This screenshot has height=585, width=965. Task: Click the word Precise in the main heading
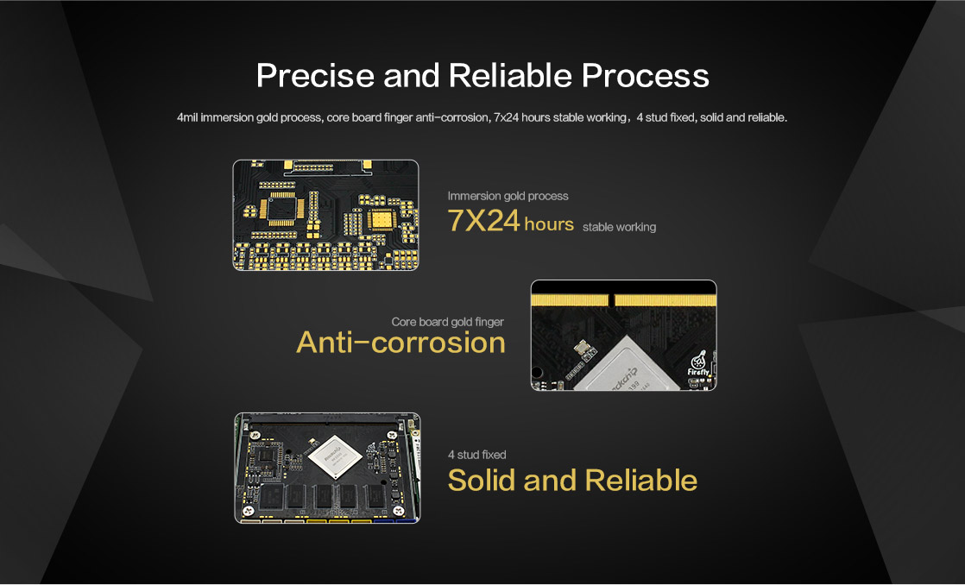tap(315, 76)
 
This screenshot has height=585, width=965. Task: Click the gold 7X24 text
tap(483, 221)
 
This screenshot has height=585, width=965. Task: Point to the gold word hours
tap(549, 224)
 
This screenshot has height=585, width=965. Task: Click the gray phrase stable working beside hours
tap(619, 227)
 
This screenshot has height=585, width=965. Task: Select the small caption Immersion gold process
tap(508, 196)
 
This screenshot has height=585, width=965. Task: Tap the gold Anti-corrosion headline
tap(401, 343)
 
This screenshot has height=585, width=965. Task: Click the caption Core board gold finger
tap(447, 322)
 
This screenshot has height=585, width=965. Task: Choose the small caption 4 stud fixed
tap(477, 455)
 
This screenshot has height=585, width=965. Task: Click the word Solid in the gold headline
tap(482, 481)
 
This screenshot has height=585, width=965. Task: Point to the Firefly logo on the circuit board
tap(698, 363)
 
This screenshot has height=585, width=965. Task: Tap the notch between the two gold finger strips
tap(611, 299)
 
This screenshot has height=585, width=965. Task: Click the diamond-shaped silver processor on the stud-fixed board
tap(335, 457)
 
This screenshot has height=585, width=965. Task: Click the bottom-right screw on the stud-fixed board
tap(400, 511)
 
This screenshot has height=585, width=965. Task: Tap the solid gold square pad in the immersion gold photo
tap(381, 220)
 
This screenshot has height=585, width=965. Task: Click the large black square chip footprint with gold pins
tap(282, 208)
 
